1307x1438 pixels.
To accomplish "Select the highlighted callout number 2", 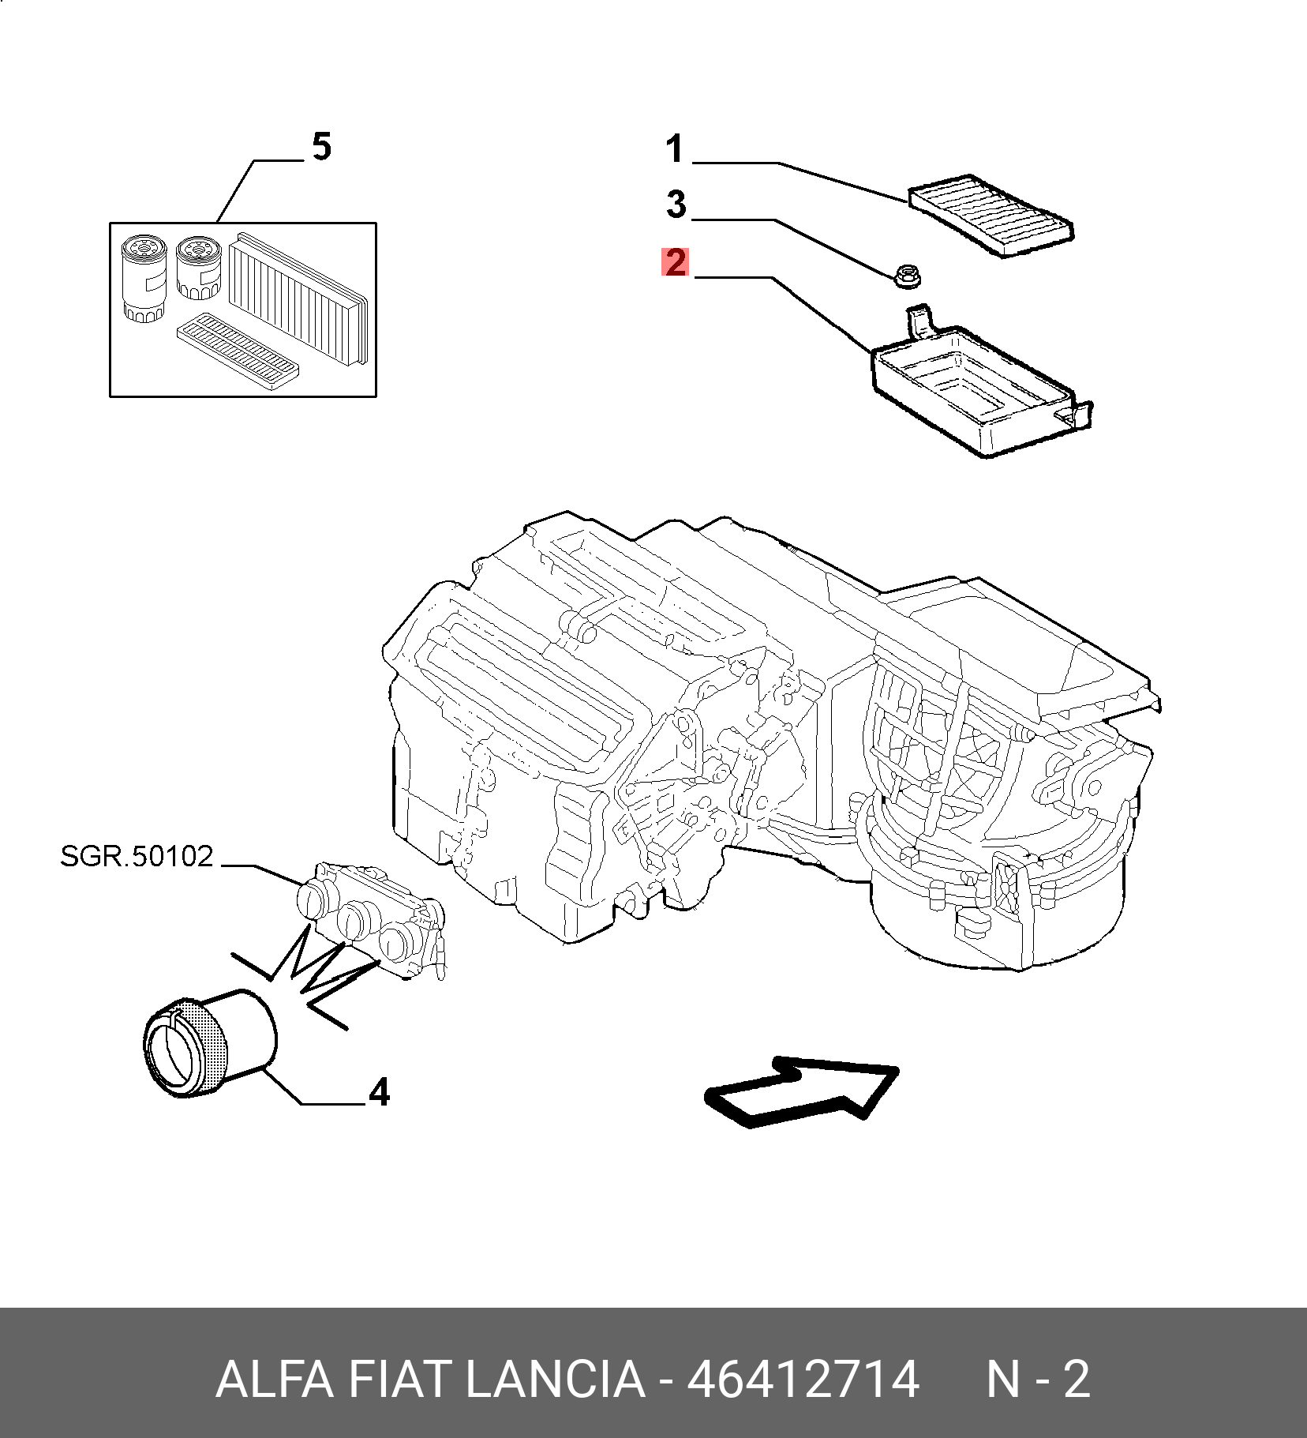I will coord(675,262).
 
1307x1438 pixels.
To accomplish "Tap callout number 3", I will coord(676,205).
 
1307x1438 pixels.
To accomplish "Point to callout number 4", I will coord(380,1092).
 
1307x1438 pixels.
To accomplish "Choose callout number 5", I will coord(321,147).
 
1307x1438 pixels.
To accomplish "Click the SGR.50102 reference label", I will coord(137,856).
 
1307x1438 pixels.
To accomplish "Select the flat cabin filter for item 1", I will coord(991,216).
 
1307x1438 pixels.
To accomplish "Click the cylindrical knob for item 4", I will coord(209,1042).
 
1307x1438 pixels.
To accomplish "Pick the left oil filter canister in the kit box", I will coord(144,279).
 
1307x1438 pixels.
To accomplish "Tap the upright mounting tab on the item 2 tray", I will coord(919,322).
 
